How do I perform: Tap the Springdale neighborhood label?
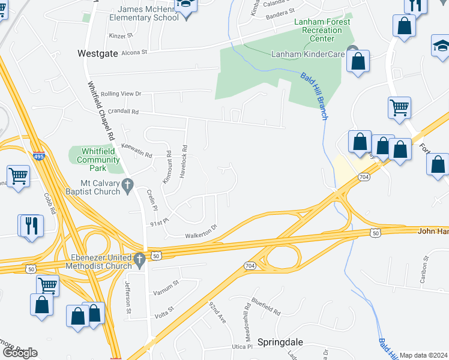[280, 342]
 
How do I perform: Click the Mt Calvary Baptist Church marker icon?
[127, 187]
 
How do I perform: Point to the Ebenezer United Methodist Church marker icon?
[139, 261]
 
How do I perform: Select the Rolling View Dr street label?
[121, 94]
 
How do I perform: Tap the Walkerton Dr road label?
[200, 235]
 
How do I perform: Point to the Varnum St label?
[167, 283]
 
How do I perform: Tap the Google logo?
[19, 353]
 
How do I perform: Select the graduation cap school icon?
[441, 46]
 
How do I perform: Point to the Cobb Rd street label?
[49, 205]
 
